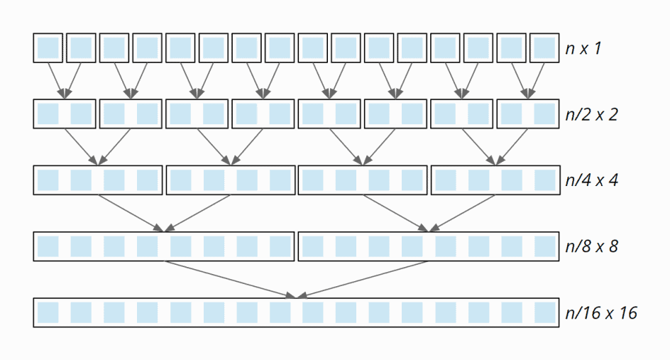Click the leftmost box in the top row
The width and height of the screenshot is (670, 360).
(48, 48)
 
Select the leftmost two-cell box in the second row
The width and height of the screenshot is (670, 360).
(65, 114)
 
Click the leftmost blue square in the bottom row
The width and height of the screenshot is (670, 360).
(48, 312)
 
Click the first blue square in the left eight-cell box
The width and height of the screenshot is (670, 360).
(48, 246)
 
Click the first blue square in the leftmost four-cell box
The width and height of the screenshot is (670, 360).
(48, 180)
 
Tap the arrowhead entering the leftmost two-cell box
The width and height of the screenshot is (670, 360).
(65, 94)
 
